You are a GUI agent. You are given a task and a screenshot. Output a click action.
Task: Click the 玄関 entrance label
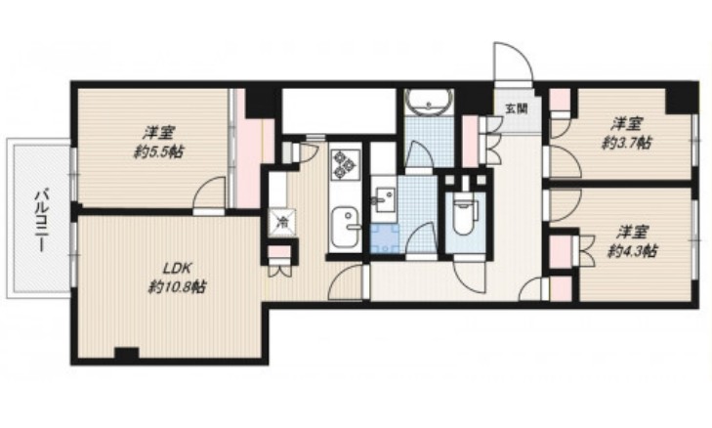(x=517, y=109)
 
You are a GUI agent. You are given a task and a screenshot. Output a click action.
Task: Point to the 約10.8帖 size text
(x=177, y=287)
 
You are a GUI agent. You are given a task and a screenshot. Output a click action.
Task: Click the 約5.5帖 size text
(x=158, y=151)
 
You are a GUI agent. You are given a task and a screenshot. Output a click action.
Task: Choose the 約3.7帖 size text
(x=626, y=143)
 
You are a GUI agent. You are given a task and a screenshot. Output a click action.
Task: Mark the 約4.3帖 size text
(x=632, y=251)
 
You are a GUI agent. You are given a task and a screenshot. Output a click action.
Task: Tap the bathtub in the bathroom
(x=429, y=102)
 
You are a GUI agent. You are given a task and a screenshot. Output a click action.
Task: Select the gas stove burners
(x=345, y=164)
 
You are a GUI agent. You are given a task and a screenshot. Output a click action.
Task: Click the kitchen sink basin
(x=346, y=227)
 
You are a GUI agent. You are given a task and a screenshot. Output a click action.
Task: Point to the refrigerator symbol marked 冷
(x=281, y=222)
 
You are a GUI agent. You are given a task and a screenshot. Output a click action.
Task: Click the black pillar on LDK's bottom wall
(x=126, y=354)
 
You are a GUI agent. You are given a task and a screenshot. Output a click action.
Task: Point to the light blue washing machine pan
(x=385, y=238)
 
